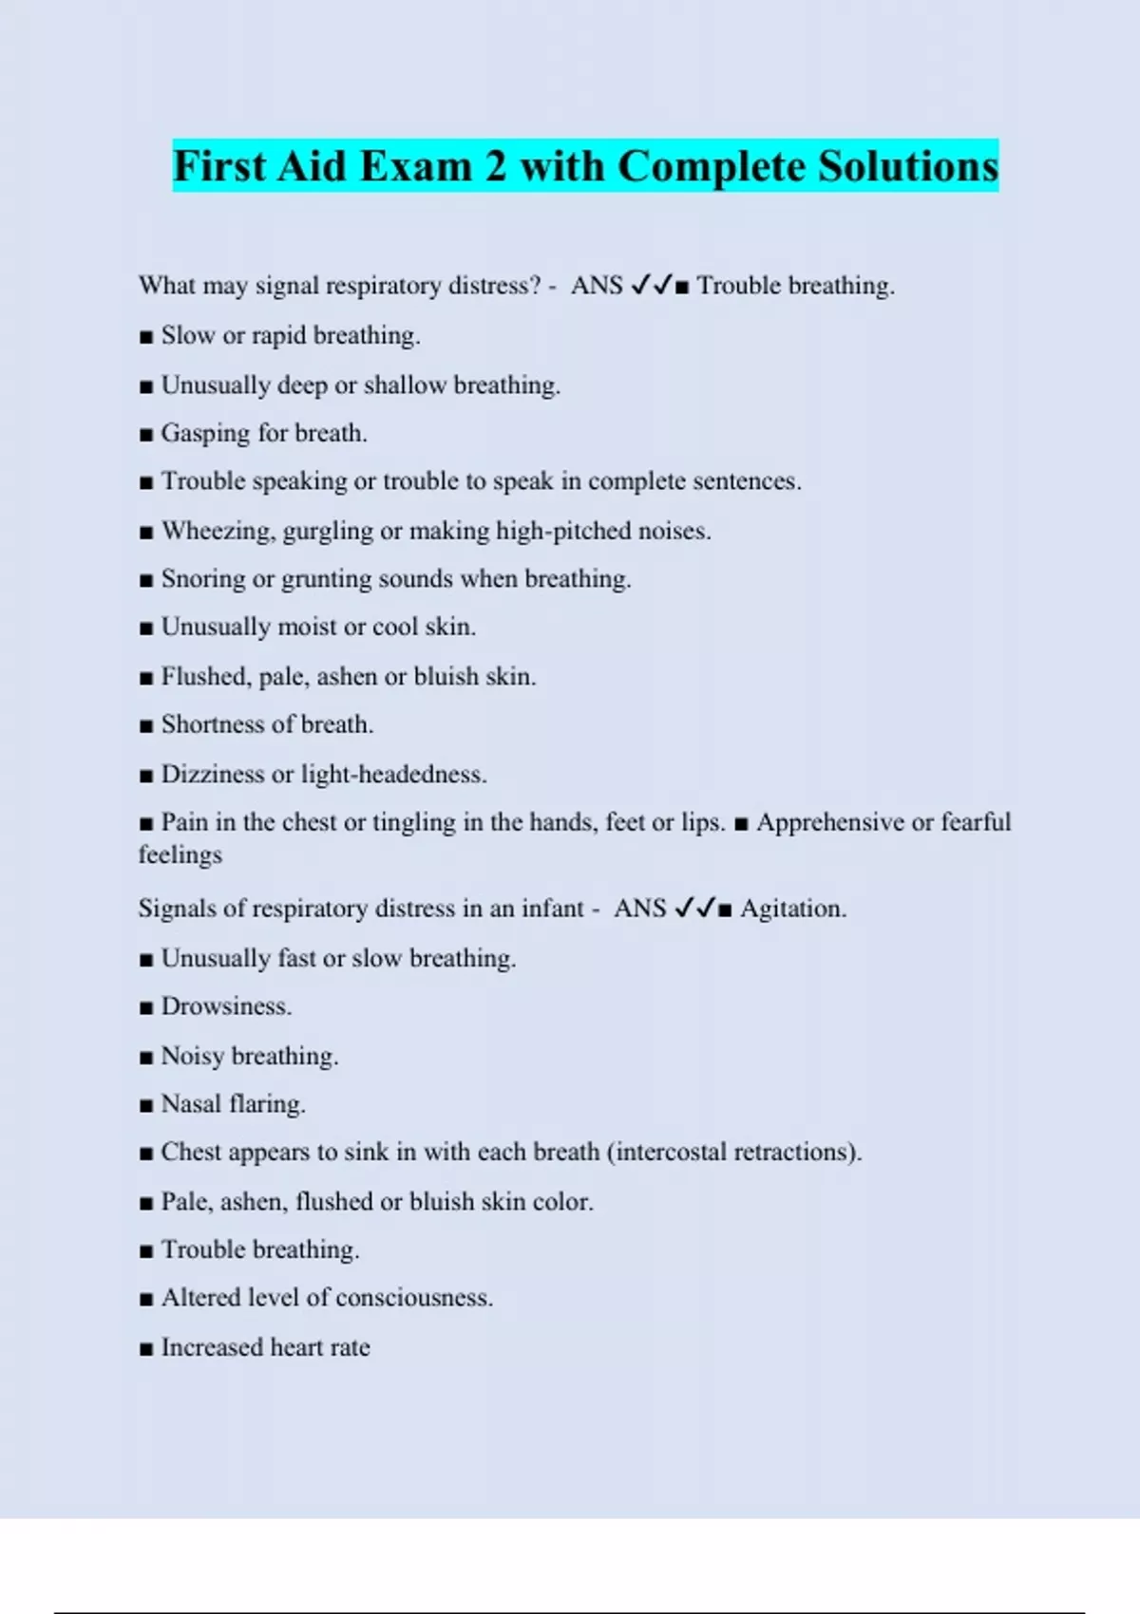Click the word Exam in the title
[x=417, y=167]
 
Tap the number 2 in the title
[x=496, y=167]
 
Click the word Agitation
[x=792, y=909]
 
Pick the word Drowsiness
[x=226, y=1006]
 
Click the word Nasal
[x=191, y=1104]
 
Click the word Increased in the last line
[x=212, y=1347]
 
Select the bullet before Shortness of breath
[x=145, y=726]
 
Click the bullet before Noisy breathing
[x=145, y=1058]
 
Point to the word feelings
[x=180, y=854]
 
